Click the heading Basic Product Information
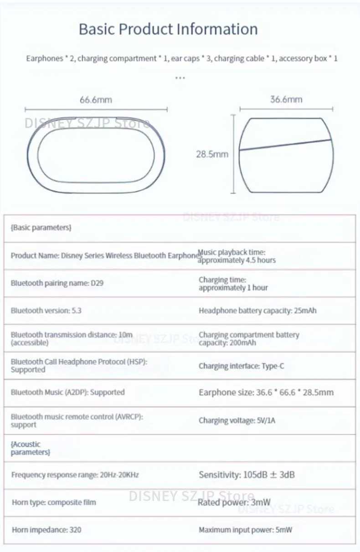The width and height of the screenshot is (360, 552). pyautogui.click(x=168, y=29)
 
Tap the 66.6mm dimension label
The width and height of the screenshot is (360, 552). pyautogui.click(x=96, y=100)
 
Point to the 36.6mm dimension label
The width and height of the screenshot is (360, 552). pyautogui.click(x=286, y=99)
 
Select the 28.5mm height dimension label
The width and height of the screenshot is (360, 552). pyautogui.click(x=212, y=154)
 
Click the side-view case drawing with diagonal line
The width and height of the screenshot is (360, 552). pyautogui.click(x=286, y=154)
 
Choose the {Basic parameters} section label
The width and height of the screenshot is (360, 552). pyautogui.click(x=41, y=227)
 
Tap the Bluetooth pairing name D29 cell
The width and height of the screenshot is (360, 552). pyautogui.click(x=57, y=283)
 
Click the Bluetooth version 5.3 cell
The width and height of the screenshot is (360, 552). pyautogui.click(x=46, y=311)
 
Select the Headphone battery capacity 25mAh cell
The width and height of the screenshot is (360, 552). pyautogui.click(x=257, y=311)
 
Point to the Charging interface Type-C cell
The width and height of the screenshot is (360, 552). pyautogui.click(x=242, y=366)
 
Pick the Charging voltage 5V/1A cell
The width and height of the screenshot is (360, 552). pyautogui.click(x=237, y=420)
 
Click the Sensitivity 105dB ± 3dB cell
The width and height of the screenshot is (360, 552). pyautogui.click(x=247, y=475)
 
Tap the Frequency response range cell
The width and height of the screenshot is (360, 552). pyautogui.click(x=75, y=475)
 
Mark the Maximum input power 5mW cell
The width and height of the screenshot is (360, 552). pyautogui.click(x=245, y=530)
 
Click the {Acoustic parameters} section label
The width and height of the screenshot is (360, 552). pyautogui.click(x=30, y=448)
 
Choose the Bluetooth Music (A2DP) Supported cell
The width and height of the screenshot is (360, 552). pyautogui.click(x=67, y=392)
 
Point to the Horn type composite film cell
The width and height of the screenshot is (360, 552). pyautogui.click(x=54, y=502)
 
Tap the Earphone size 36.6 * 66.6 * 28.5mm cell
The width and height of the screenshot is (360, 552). pyautogui.click(x=266, y=392)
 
